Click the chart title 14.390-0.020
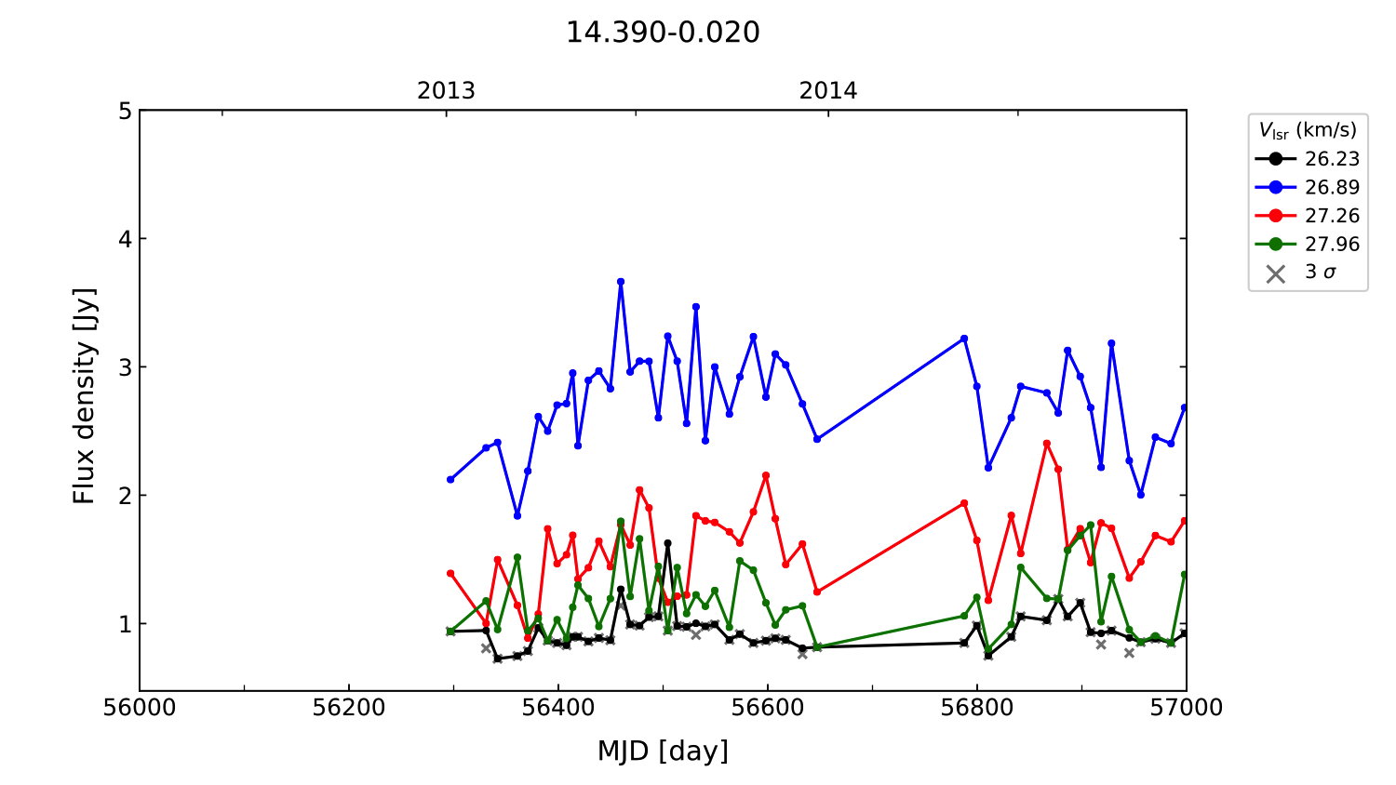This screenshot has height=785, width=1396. (663, 33)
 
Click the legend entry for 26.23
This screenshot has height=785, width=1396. (1331, 159)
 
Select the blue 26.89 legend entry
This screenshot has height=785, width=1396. (1331, 187)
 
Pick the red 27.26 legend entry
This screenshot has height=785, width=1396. (1331, 216)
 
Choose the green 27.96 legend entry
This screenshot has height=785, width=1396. (1331, 245)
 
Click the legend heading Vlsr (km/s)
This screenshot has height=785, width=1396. (1308, 130)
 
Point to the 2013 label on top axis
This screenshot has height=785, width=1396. (446, 91)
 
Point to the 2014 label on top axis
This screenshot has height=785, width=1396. (828, 91)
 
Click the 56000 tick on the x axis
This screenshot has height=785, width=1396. (140, 708)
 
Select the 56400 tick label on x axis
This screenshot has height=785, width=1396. (558, 708)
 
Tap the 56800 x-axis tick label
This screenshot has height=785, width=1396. (977, 708)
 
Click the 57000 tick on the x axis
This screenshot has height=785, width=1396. (1186, 708)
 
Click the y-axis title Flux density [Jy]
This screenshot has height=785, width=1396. (85, 395)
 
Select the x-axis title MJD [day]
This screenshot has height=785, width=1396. (663, 751)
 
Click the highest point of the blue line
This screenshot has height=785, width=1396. (621, 282)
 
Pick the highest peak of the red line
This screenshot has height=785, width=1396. (1047, 444)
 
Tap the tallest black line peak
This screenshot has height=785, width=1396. (667, 543)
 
